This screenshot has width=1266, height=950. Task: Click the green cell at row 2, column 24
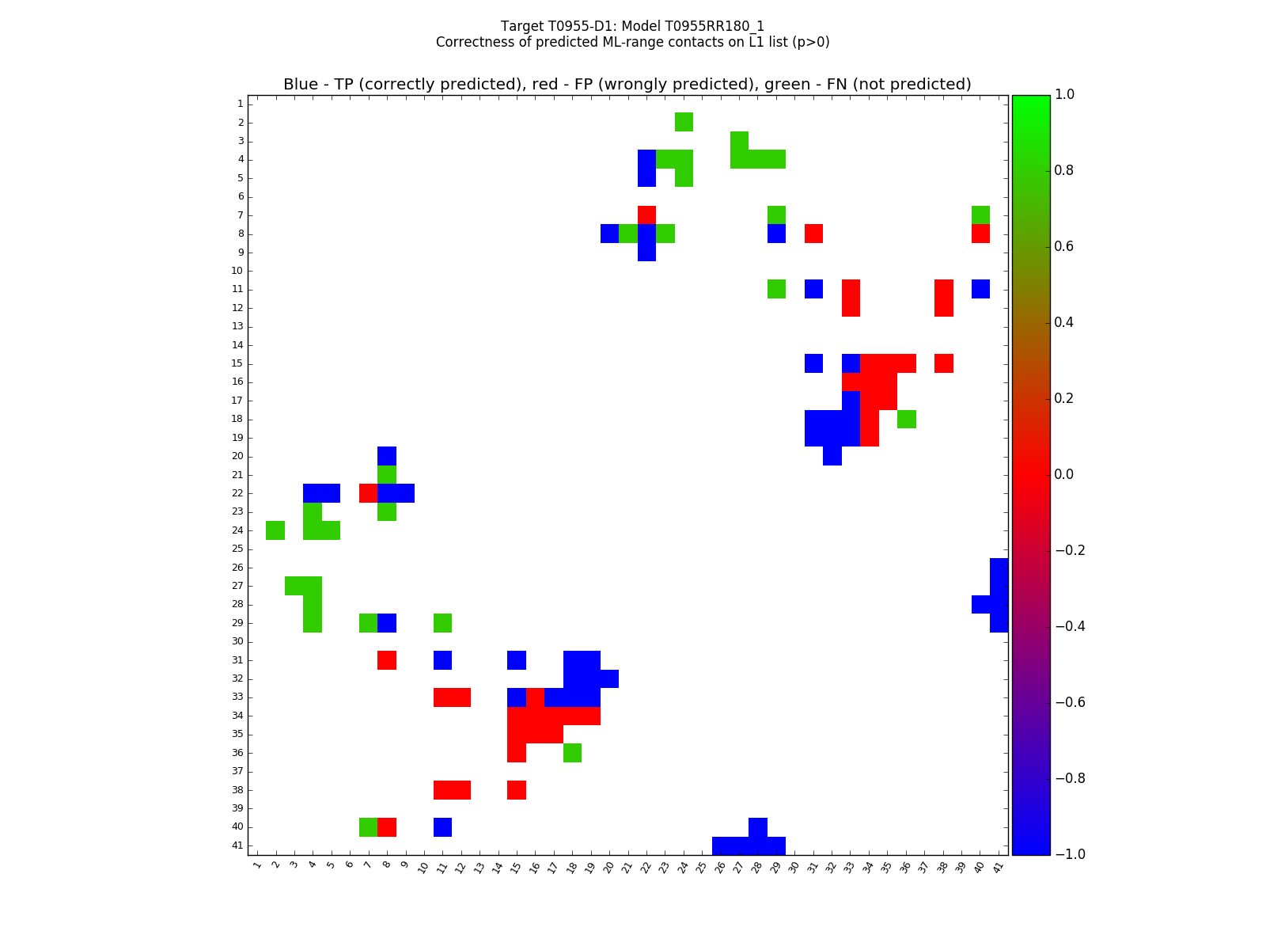coord(684,122)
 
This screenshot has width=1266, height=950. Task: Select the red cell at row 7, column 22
coord(646,215)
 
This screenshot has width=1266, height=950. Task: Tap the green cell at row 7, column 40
coord(980,215)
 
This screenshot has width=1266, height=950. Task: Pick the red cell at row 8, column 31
coord(813,234)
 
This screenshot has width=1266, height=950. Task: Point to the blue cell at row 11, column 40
coord(980,289)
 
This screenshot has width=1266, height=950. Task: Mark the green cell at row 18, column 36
coord(906,419)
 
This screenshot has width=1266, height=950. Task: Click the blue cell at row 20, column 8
coord(387,456)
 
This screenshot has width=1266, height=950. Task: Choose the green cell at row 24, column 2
coord(275,530)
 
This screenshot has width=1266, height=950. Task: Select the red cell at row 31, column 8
coord(387,660)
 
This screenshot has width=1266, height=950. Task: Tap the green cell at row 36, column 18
coord(572,753)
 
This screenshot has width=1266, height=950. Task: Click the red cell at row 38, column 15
coord(517,790)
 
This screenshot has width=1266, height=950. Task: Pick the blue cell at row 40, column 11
coord(442,827)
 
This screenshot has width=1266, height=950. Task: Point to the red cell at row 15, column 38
coord(943,363)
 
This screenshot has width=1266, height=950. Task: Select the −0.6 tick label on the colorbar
coord(1069,702)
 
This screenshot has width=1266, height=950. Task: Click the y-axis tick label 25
coord(237,549)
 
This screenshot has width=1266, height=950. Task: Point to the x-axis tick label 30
coord(794,866)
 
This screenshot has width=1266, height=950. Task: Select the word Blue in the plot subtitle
coord(301,85)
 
